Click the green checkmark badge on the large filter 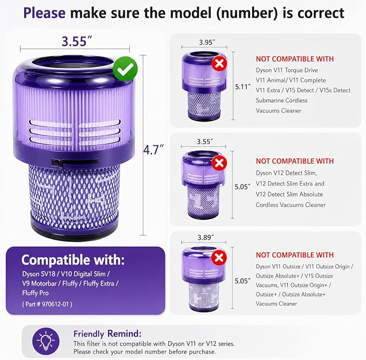(126, 69)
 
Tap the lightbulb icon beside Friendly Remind (46, 341)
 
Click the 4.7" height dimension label (153, 150)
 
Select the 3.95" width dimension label (207, 42)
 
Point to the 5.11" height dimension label (243, 87)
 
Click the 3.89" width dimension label (206, 237)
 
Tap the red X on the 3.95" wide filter (219, 63)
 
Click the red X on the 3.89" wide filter (219, 258)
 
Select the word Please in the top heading (44, 13)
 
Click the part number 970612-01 (57, 304)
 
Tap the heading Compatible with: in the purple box (73, 260)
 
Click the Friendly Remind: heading (107, 334)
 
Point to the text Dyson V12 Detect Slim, (286, 173)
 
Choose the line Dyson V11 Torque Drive (287, 70)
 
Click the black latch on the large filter (75, 162)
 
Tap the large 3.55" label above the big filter (77, 41)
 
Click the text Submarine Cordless (281, 100)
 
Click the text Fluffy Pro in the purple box (36, 293)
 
